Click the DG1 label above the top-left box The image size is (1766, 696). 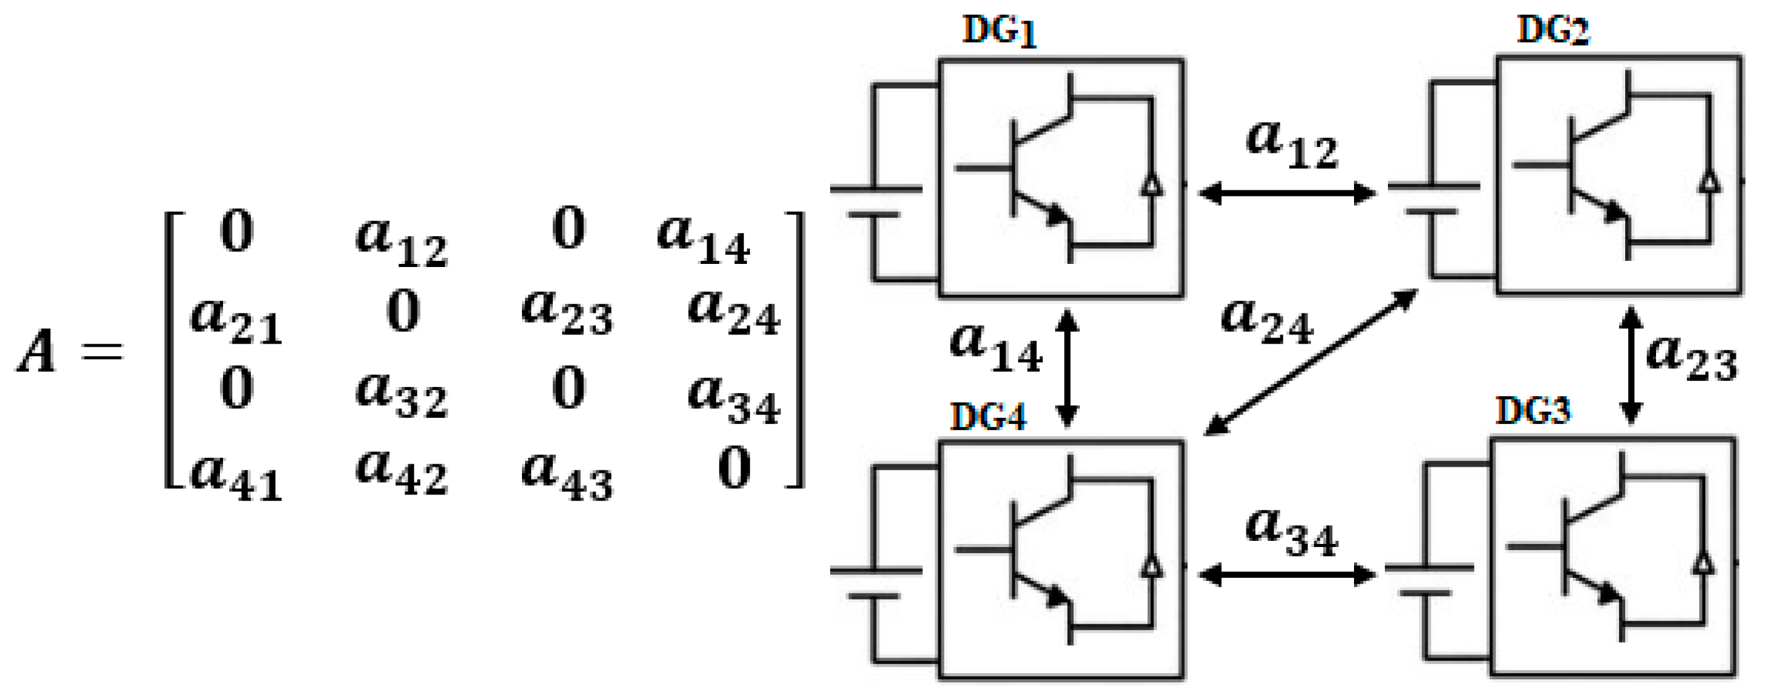point(999,31)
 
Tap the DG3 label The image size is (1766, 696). point(1533,412)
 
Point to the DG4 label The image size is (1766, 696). point(987,417)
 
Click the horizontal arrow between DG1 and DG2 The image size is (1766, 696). point(1287,193)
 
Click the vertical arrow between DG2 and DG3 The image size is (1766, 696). point(1630,365)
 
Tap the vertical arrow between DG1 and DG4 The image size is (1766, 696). point(1067,368)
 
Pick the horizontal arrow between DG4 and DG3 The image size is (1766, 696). point(1287,575)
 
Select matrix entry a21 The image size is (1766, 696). point(236,321)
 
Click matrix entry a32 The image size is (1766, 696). point(402,396)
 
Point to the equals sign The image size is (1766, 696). point(102,352)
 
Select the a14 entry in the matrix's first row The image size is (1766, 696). point(704,240)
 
